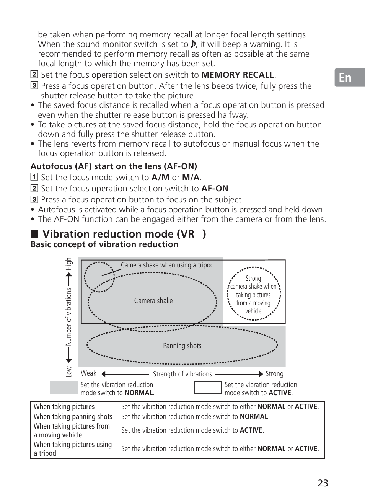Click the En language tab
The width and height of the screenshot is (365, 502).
click(345, 78)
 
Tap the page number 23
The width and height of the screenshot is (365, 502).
click(323, 483)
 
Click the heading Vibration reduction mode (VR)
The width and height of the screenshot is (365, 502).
click(124, 234)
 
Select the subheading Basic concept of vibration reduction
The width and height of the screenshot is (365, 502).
click(104, 244)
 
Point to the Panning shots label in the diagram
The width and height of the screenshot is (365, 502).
click(182, 346)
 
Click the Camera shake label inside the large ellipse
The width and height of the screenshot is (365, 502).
click(153, 301)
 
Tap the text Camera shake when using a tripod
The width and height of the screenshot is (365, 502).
click(167, 265)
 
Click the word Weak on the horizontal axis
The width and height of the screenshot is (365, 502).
click(88, 373)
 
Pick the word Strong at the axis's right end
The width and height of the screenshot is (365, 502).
click(274, 374)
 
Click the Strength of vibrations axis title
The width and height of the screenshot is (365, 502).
click(182, 374)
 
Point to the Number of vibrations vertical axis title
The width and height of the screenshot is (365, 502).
click(69, 317)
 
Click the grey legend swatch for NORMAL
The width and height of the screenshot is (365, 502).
click(64, 388)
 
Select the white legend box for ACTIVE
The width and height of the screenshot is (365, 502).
click(207, 388)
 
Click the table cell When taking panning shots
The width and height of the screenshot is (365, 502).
click(73, 417)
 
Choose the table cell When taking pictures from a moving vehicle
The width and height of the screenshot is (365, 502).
click(73, 430)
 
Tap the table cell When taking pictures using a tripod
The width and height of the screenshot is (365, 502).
click(73, 449)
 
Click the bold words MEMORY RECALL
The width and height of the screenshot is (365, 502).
click(238, 75)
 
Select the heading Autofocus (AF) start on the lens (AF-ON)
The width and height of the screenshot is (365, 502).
click(114, 166)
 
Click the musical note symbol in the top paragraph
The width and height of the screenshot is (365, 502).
click(193, 44)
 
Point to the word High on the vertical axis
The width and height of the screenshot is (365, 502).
click(69, 264)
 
